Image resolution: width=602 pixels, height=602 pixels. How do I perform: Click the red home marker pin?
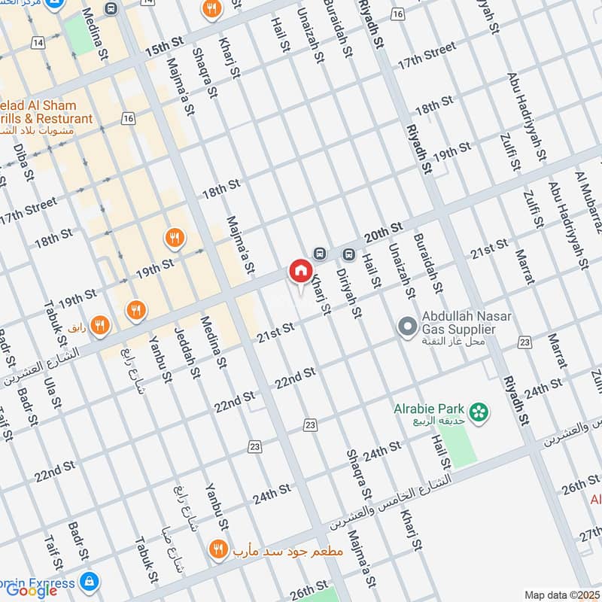(300, 271)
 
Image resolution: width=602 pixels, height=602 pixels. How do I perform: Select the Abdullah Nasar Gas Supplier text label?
(459, 324)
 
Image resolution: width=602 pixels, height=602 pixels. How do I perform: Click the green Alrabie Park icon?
(476, 412)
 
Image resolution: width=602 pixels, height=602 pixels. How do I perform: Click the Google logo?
(32, 590)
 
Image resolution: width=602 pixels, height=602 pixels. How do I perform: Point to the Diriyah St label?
(349, 293)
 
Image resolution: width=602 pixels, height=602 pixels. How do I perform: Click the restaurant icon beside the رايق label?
(100, 325)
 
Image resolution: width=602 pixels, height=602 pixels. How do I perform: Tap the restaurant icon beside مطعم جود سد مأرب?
(218, 550)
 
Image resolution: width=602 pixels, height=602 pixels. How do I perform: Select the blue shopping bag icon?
(89, 582)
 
